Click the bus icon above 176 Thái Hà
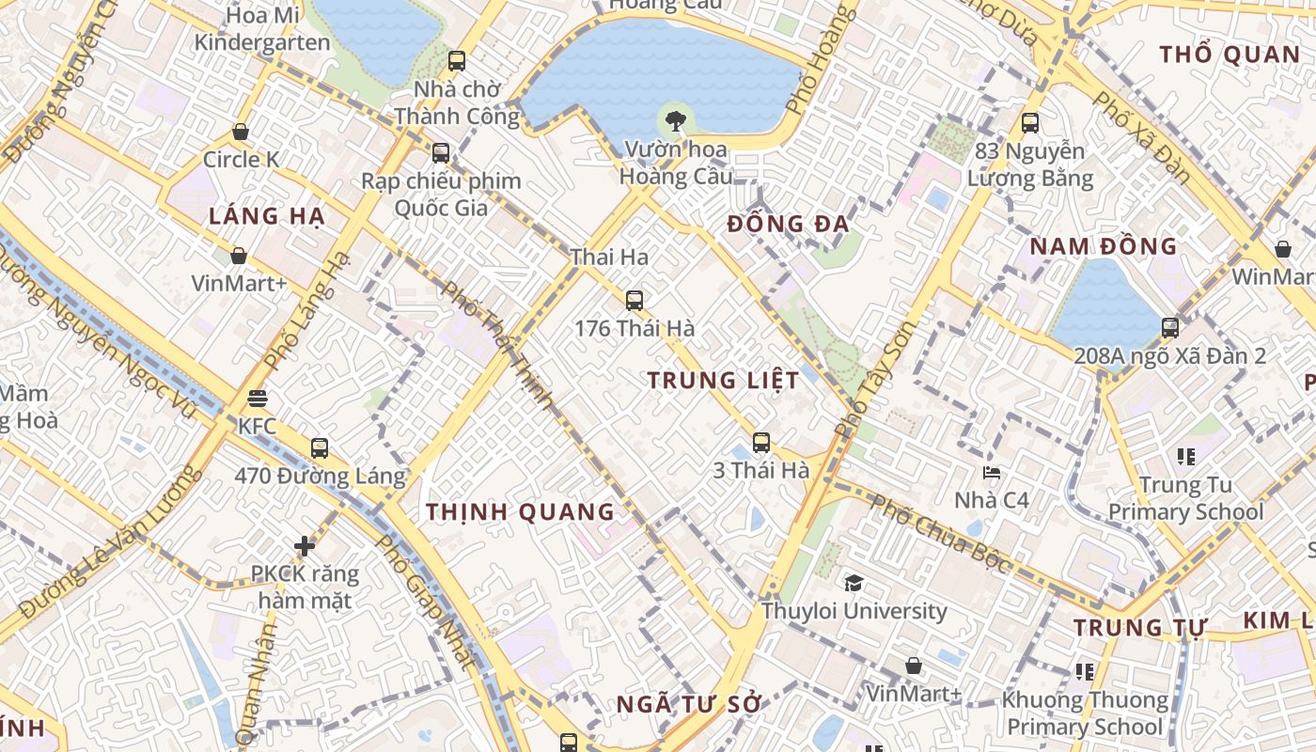(x=634, y=301)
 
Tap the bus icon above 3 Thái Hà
(x=761, y=443)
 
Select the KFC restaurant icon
(x=258, y=399)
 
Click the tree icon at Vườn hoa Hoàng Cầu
(x=674, y=120)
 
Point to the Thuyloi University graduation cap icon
(x=854, y=583)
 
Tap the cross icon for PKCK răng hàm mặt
(x=304, y=545)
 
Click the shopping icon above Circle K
(x=241, y=132)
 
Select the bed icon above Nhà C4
(x=992, y=472)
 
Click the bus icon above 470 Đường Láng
(x=320, y=447)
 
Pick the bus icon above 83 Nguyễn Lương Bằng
(x=1030, y=123)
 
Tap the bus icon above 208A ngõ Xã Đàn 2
(x=1170, y=328)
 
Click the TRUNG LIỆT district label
(x=723, y=381)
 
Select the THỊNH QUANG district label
(x=520, y=512)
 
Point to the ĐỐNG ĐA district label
(x=789, y=224)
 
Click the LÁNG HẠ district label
(x=266, y=216)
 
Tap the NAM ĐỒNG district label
(x=1103, y=246)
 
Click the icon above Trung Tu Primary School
(x=1185, y=457)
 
